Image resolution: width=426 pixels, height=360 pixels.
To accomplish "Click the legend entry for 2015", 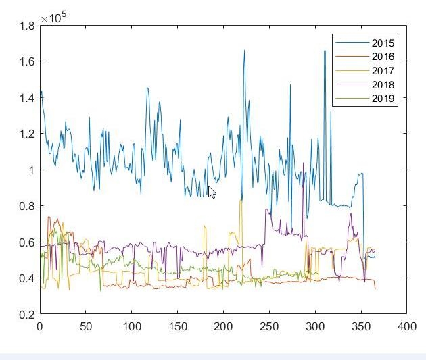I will pyautogui.click(x=383, y=43).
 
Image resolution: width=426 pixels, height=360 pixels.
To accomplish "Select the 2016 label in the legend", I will pyautogui.click(x=383, y=57).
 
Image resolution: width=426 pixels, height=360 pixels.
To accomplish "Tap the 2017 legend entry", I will pyautogui.click(x=383, y=71).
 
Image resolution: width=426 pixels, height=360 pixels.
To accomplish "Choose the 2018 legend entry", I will pyautogui.click(x=383, y=85).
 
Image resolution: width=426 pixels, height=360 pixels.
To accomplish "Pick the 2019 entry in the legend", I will pyautogui.click(x=383, y=99).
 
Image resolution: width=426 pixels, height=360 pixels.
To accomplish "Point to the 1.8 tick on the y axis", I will pyautogui.click(x=27, y=26).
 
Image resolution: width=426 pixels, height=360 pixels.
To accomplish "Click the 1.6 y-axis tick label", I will pyautogui.click(x=27, y=61).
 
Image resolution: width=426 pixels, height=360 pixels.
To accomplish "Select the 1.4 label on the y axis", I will pyautogui.click(x=27, y=98).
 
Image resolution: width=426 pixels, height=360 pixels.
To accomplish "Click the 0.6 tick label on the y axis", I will pyautogui.click(x=27, y=242).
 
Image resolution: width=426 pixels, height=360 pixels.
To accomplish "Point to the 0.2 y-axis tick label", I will pyautogui.click(x=27, y=314).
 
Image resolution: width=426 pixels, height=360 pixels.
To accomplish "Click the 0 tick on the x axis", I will pyautogui.click(x=40, y=326).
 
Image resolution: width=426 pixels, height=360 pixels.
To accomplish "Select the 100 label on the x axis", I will pyautogui.click(x=132, y=326).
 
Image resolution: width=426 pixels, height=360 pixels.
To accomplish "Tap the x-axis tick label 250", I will pyautogui.click(x=269, y=326).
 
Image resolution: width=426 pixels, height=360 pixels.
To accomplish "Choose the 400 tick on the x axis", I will pyautogui.click(x=407, y=326).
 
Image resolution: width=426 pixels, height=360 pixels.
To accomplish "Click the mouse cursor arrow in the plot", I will pyautogui.click(x=212, y=192).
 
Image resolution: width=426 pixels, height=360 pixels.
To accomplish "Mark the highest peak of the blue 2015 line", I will pyautogui.click(x=244, y=51).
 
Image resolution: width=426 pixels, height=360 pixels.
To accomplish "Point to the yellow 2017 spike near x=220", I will pyautogui.click(x=241, y=201).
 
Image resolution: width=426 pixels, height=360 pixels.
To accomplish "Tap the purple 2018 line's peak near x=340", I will pyautogui.click(x=350, y=214).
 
